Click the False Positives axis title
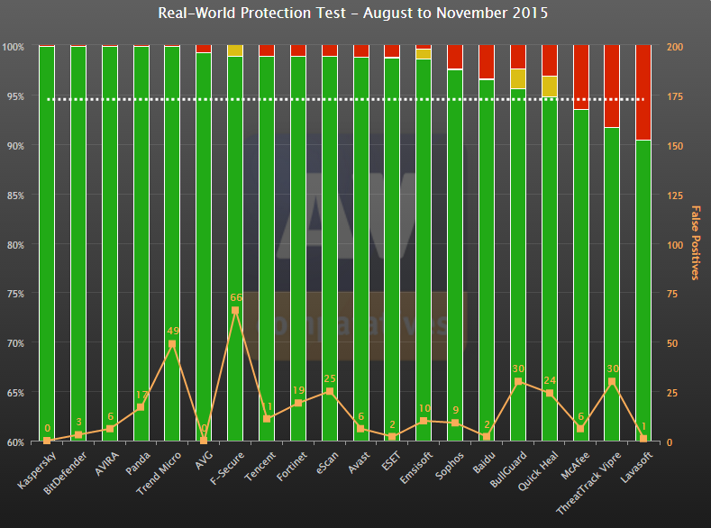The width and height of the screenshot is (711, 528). pyautogui.click(x=696, y=242)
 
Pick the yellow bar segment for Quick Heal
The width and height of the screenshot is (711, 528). pyautogui.click(x=549, y=86)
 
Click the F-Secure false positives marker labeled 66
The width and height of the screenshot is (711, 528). pyautogui.click(x=235, y=310)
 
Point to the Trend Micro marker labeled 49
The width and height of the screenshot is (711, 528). pyautogui.click(x=172, y=343)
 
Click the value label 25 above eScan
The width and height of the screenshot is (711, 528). pyautogui.click(x=329, y=378)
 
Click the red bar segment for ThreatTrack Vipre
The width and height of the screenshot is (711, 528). pyautogui.click(x=611, y=86)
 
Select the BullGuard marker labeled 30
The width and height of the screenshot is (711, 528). pyautogui.click(x=517, y=382)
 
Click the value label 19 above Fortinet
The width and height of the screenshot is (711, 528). pyautogui.click(x=298, y=390)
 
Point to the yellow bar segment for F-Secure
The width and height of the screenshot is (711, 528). pyautogui.click(x=235, y=50)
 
